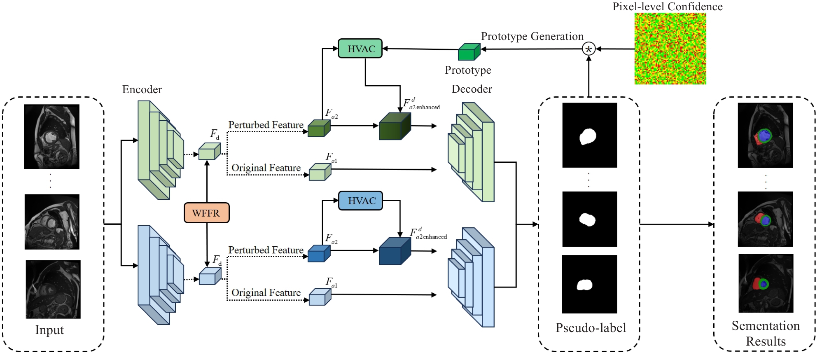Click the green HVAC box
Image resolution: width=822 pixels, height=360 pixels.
coord(360,49)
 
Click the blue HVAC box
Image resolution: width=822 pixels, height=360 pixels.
coord(360,201)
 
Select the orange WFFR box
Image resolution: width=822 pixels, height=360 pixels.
coord(206,213)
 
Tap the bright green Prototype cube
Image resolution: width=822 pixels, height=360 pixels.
coord(469,52)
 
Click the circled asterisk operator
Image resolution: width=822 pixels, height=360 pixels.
coord(588,49)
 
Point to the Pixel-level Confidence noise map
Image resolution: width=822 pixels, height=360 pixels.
coord(670,49)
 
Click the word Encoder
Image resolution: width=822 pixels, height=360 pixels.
coord(142,89)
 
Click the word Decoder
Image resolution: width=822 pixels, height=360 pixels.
coord(472,89)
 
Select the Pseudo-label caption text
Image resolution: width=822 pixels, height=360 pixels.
coord(591,327)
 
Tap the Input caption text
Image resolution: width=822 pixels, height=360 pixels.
coord(49,330)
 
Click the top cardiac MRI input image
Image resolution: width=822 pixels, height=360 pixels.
coord(52,137)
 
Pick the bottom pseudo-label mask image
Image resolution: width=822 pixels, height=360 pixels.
coord(589,284)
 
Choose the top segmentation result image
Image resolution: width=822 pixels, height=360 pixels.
coord(765,135)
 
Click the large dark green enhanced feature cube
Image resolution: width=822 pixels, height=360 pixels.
coord(395,126)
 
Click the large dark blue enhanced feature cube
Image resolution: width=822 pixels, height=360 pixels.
coord(395,251)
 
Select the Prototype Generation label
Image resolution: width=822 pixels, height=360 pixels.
coord(532,36)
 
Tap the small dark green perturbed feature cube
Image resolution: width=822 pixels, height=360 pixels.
coord(319,128)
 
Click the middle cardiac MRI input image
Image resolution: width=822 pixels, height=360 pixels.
coord(52,222)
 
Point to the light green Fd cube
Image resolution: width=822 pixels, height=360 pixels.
coord(210,151)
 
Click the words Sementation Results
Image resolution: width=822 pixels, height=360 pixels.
coord(766,333)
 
